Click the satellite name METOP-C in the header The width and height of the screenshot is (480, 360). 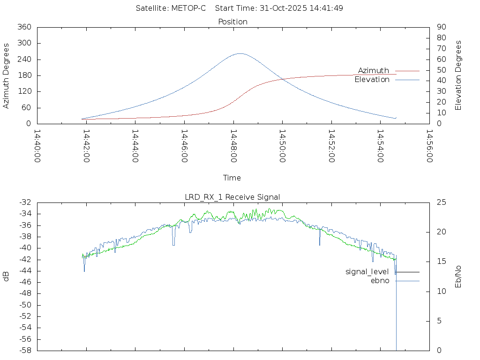point(189,8)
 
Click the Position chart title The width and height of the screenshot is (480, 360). point(233,22)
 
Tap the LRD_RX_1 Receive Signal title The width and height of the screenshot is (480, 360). point(232,197)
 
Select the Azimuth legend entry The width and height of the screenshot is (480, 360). point(374,70)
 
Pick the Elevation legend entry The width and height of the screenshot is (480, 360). point(372,80)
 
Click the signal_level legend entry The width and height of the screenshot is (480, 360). point(367,272)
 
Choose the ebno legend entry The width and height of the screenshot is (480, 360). point(380,281)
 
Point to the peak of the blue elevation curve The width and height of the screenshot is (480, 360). point(240,53)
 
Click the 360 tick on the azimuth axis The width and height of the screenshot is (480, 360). point(24,27)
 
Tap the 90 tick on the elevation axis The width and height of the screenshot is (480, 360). point(441,27)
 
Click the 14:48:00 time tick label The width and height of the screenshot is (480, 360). point(233,146)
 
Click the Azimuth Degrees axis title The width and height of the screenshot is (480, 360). point(7,75)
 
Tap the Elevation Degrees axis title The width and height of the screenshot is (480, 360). point(458,75)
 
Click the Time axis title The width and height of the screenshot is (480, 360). point(232,178)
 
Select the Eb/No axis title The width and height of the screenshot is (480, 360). point(458,276)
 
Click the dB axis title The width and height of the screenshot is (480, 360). point(7,277)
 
